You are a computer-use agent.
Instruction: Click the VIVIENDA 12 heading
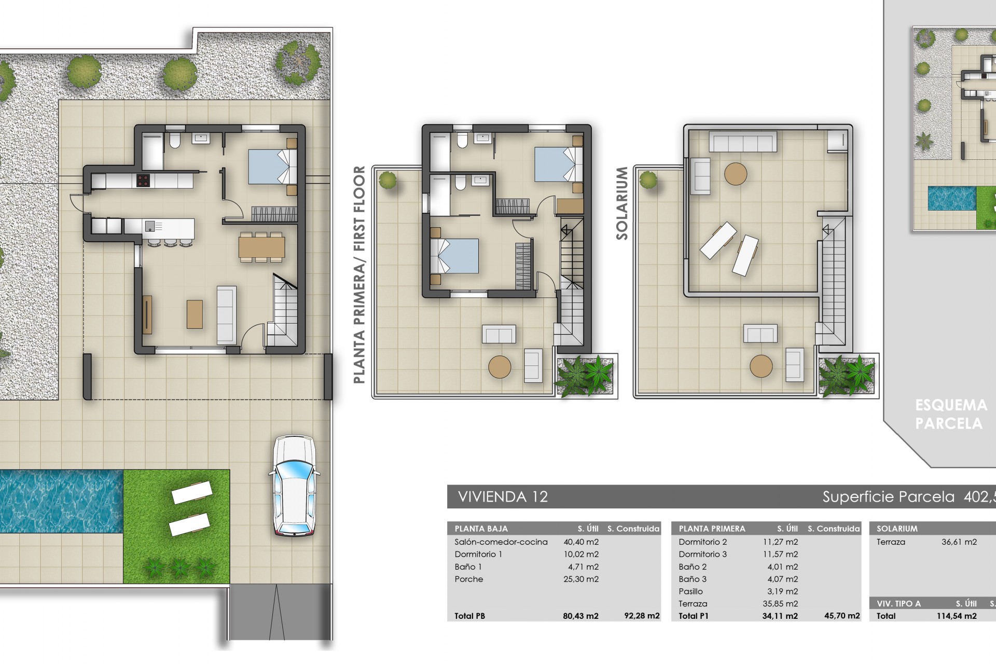tap(503, 497)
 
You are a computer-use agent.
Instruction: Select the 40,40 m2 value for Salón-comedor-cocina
tap(581, 542)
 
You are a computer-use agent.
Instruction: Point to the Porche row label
tap(468, 579)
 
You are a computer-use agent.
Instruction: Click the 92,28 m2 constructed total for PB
tap(642, 616)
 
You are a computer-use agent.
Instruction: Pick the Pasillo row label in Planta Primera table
tap(690, 592)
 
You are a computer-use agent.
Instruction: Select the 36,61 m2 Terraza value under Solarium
tap(959, 542)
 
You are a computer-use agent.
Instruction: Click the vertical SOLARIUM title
tap(622, 203)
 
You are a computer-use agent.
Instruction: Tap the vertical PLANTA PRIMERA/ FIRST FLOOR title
tap(359, 275)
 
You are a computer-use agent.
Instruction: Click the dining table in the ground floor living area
tap(261, 247)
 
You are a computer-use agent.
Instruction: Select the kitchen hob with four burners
tap(143, 181)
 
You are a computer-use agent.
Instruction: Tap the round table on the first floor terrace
tap(500, 367)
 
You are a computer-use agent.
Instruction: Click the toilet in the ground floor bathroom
tap(175, 140)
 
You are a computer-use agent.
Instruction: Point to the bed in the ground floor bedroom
tap(272, 167)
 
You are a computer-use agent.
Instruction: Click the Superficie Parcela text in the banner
tap(888, 497)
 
